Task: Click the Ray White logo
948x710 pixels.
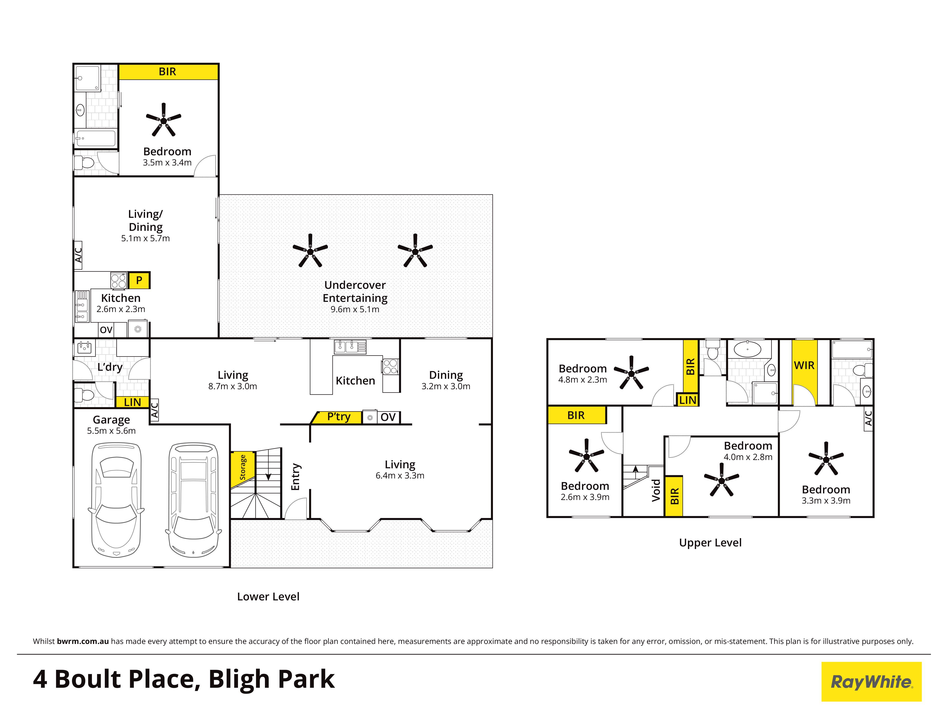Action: tap(871, 682)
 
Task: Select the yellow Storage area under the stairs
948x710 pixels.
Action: tap(243, 469)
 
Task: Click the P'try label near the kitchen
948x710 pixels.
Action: tap(339, 417)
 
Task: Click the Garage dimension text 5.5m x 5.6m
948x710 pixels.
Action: tap(111, 431)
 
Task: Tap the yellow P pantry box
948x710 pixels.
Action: tap(139, 281)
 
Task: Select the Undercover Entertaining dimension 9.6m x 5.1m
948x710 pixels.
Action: tap(355, 309)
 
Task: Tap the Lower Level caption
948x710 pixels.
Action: tap(268, 597)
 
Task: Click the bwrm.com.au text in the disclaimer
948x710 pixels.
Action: tap(83, 642)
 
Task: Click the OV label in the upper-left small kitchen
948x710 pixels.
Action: tap(106, 330)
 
